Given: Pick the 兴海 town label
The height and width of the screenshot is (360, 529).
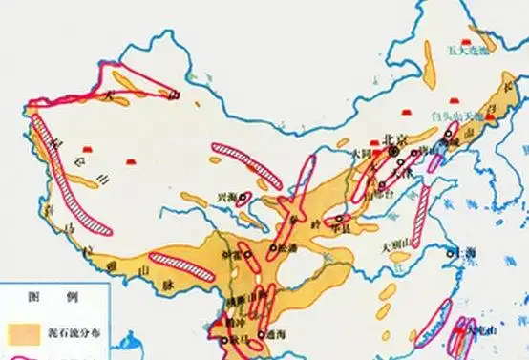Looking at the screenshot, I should (228, 195).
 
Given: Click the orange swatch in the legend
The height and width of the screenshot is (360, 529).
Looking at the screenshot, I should (22, 331).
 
